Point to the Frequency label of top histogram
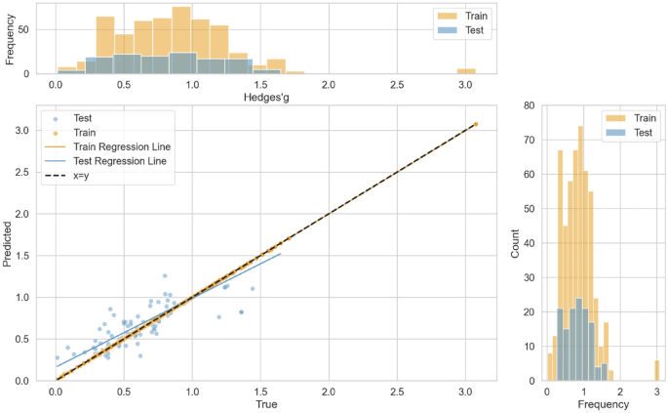point(11,39)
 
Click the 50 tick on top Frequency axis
point(34,30)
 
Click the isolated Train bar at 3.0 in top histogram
point(466,70)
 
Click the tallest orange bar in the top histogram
point(180,40)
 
